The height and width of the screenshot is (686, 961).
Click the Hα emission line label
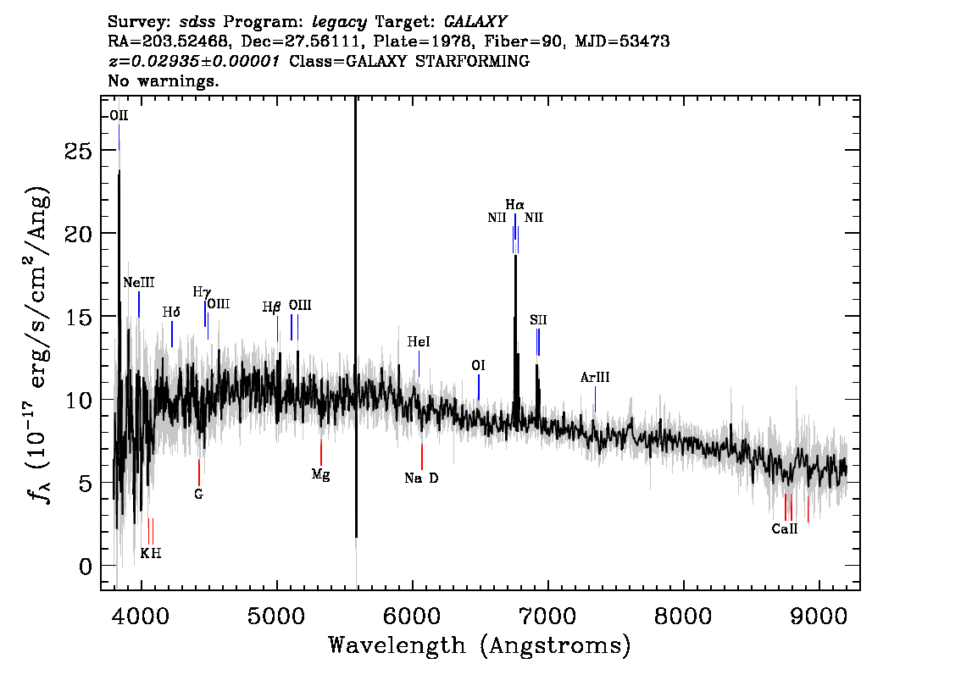[515, 205]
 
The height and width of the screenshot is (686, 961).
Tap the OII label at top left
[119, 116]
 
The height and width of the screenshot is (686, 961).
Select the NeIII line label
[138, 282]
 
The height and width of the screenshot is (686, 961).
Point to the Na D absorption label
[422, 479]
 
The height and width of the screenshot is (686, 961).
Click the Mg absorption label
[320, 474]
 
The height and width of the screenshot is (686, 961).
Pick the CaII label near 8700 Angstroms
[785, 529]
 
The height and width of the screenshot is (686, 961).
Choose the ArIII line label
[595, 378]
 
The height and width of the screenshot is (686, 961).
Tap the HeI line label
[419, 342]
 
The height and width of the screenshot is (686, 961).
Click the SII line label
[538, 320]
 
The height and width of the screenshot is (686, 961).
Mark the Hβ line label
[271, 307]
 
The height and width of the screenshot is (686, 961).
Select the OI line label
[478, 366]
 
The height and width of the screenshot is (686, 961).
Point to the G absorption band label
[198, 495]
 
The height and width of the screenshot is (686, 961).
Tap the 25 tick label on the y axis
[79, 151]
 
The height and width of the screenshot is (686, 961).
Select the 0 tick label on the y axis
[86, 567]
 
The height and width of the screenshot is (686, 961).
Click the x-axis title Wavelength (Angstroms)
[480, 645]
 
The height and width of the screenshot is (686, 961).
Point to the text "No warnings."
[163, 80]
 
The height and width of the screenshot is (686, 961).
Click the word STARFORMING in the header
[473, 61]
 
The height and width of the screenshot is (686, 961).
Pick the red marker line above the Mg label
[321, 452]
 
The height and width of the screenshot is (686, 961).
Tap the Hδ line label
[171, 313]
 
